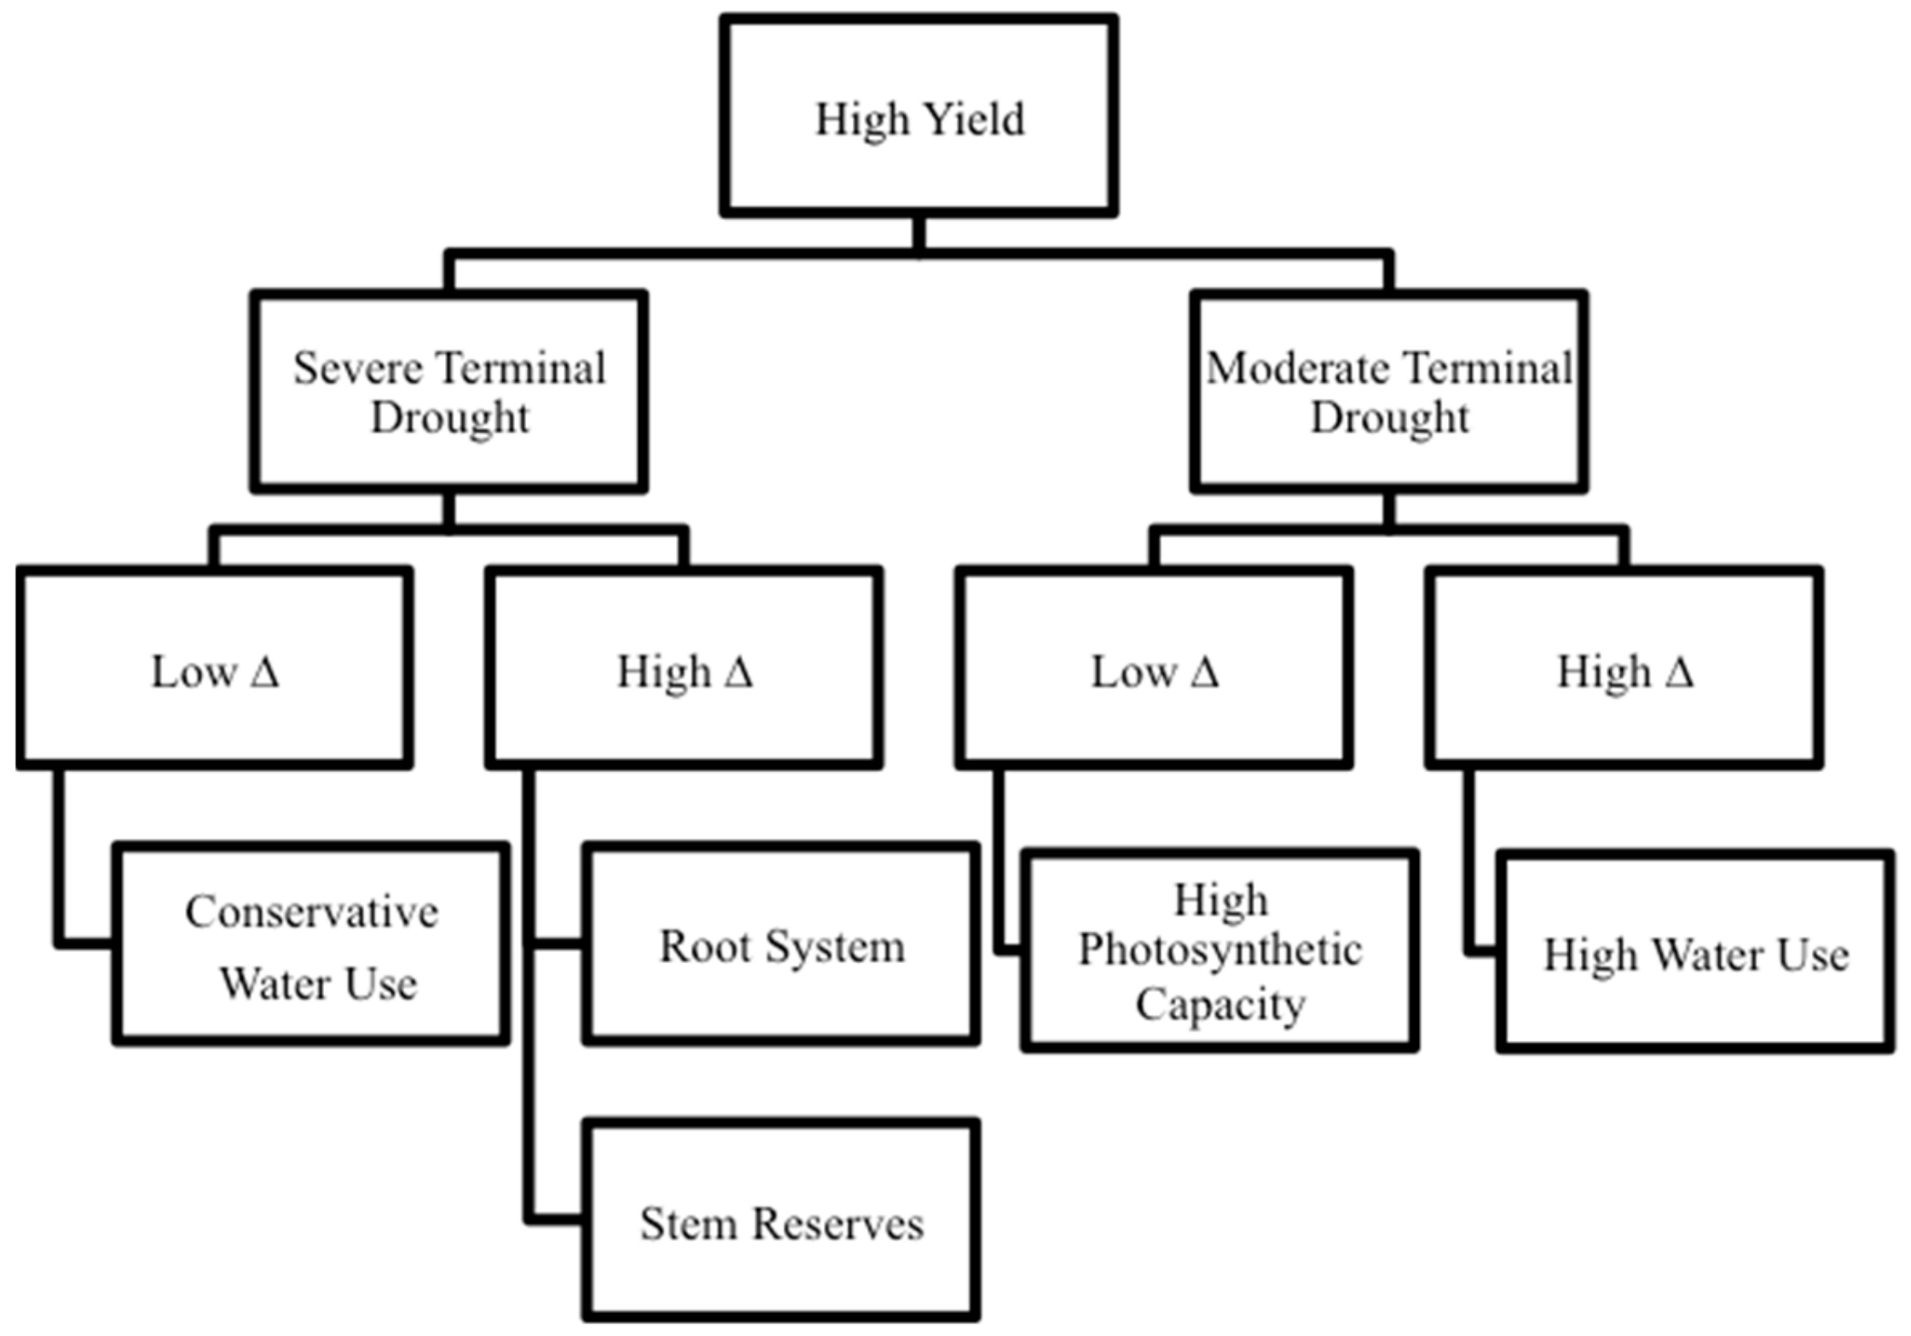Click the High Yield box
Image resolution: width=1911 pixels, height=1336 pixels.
tap(918, 115)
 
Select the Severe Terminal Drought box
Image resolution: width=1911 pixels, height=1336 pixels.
tap(449, 392)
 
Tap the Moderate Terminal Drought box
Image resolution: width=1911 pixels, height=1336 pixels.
tap(1388, 392)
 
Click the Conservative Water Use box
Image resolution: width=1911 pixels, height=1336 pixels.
tap(311, 944)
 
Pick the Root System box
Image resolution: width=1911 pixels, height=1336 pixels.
tap(781, 944)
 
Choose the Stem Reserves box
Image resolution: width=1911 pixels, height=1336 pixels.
tap(781, 1221)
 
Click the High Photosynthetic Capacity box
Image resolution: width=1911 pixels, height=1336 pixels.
tap(1219, 950)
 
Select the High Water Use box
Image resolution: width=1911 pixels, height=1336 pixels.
tap(1695, 951)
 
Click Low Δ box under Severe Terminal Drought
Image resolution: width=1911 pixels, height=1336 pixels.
tap(215, 668)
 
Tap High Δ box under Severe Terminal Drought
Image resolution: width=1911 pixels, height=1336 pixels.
tap(684, 668)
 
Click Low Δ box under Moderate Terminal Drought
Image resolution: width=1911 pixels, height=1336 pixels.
tap(1154, 668)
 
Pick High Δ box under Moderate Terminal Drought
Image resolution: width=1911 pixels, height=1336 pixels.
tap(1624, 668)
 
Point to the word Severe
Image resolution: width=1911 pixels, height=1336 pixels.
tap(358, 369)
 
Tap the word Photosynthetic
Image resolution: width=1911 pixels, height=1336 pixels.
tap(1219, 950)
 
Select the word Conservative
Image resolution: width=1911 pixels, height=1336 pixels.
tap(311, 912)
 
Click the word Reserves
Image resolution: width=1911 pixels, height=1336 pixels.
tap(839, 1224)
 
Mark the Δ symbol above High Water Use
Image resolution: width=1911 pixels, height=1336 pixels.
tap(1679, 672)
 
